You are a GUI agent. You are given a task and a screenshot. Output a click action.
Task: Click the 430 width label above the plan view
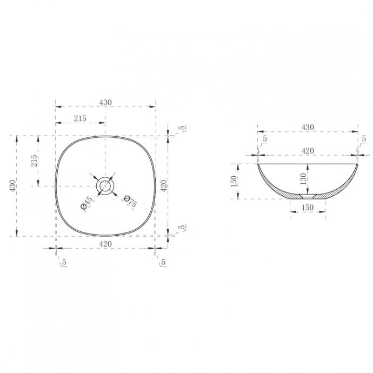tap(105, 103)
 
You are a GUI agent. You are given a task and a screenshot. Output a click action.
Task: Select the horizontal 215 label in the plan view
tap(80, 118)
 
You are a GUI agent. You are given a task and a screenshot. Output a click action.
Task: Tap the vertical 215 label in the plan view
tap(34, 161)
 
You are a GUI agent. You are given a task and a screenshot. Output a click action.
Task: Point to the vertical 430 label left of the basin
tap(12, 185)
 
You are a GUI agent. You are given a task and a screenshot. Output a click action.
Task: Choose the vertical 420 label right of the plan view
tap(164, 186)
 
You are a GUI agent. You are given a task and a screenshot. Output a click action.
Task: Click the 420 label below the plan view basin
tap(105, 244)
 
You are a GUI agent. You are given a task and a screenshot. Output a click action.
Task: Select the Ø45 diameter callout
tap(86, 203)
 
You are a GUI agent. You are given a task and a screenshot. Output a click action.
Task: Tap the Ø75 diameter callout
tap(130, 201)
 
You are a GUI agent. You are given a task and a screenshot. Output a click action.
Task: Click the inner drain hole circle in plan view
tap(105, 186)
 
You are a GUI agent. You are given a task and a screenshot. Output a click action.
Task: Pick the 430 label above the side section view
tap(308, 128)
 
